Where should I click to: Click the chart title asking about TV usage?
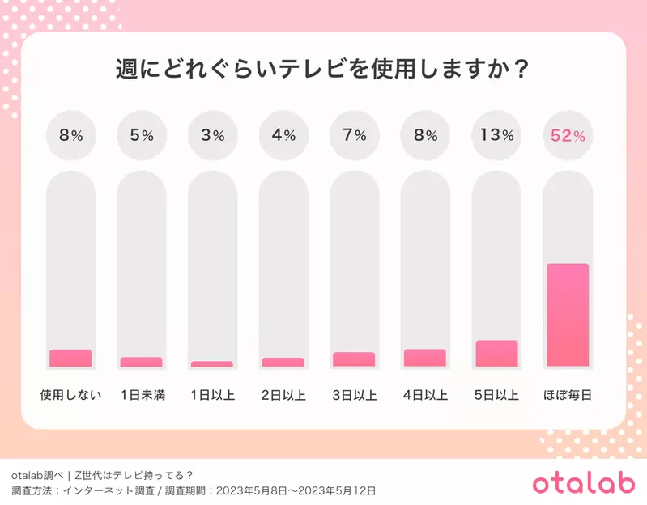[323, 69]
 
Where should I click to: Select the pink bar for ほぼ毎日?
[567, 315]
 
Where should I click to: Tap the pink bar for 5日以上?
[496, 354]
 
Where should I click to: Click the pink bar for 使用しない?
[70, 358]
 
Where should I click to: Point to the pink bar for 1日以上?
[212, 364]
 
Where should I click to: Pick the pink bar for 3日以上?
[354, 359]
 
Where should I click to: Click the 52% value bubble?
[567, 135]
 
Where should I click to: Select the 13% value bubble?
[496, 135]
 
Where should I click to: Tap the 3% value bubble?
[212, 135]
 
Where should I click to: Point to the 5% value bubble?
[141, 135]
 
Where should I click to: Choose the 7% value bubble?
[354, 135]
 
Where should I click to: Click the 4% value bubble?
[283, 135]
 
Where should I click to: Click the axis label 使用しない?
[70, 396]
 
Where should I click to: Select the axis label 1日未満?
[142, 396]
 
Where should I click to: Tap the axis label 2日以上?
[283, 396]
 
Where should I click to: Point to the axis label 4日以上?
[425, 396]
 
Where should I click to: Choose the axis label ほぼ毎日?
[567, 396]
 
